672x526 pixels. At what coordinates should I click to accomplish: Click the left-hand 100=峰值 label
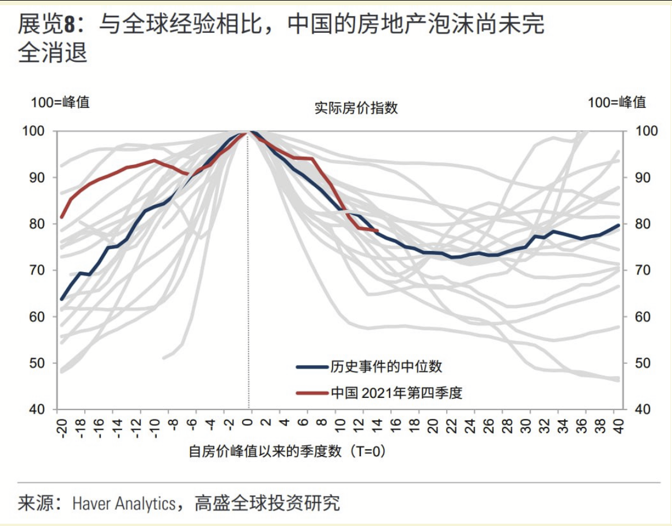(61, 103)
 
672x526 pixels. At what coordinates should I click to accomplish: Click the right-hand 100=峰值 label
(617, 103)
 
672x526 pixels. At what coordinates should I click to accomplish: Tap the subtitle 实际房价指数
(356, 108)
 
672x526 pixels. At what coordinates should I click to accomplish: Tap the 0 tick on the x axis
(248, 424)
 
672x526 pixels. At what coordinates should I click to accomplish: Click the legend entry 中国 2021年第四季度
(397, 393)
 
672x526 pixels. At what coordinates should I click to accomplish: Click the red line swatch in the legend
(312, 393)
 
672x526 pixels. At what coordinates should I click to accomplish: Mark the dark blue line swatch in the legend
(312, 366)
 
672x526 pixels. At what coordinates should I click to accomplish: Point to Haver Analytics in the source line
(123, 503)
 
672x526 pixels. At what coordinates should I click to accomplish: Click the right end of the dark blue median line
(618, 226)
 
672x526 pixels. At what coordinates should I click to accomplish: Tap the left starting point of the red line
(62, 217)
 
